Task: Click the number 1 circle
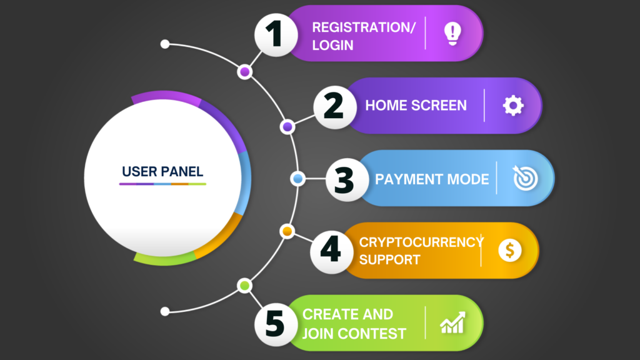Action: pos(276,35)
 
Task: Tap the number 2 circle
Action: pos(335,107)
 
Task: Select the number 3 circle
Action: pos(347,179)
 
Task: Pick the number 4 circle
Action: pos(331,252)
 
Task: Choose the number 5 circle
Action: pos(276,324)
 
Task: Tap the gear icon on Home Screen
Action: pos(513,106)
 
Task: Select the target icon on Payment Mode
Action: pos(525,178)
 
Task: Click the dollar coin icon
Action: pos(510,250)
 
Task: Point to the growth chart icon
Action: pos(452,322)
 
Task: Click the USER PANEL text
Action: pos(162,172)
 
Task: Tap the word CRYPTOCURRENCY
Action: pos(421,242)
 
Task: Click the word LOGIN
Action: pos(332,45)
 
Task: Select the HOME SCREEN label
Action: pos(416,105)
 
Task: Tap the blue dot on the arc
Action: pos(298,179)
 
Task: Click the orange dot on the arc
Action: pos(287,231)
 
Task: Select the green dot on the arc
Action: pos(244,285)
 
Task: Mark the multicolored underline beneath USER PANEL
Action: pos(162,184)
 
